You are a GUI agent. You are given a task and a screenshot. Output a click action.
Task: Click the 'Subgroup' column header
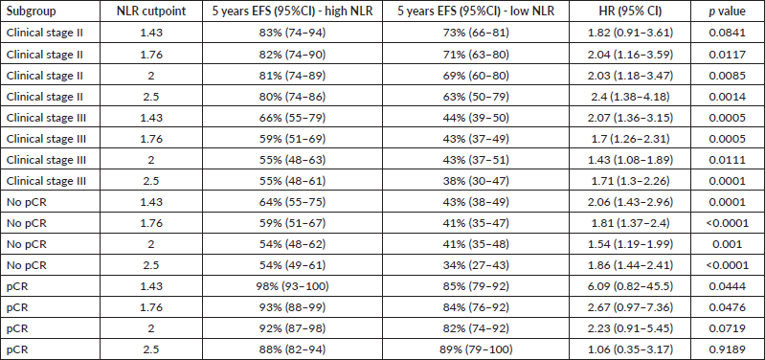[x=31, y=11]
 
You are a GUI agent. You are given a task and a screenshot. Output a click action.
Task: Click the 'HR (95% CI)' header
[x=631, y=11]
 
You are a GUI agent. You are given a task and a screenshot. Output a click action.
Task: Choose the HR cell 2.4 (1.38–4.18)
[x=631, y=96]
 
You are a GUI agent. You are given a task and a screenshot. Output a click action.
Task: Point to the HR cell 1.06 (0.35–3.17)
[x=631, y=349]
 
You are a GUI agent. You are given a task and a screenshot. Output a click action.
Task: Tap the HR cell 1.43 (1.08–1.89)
[x=631, y=160]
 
